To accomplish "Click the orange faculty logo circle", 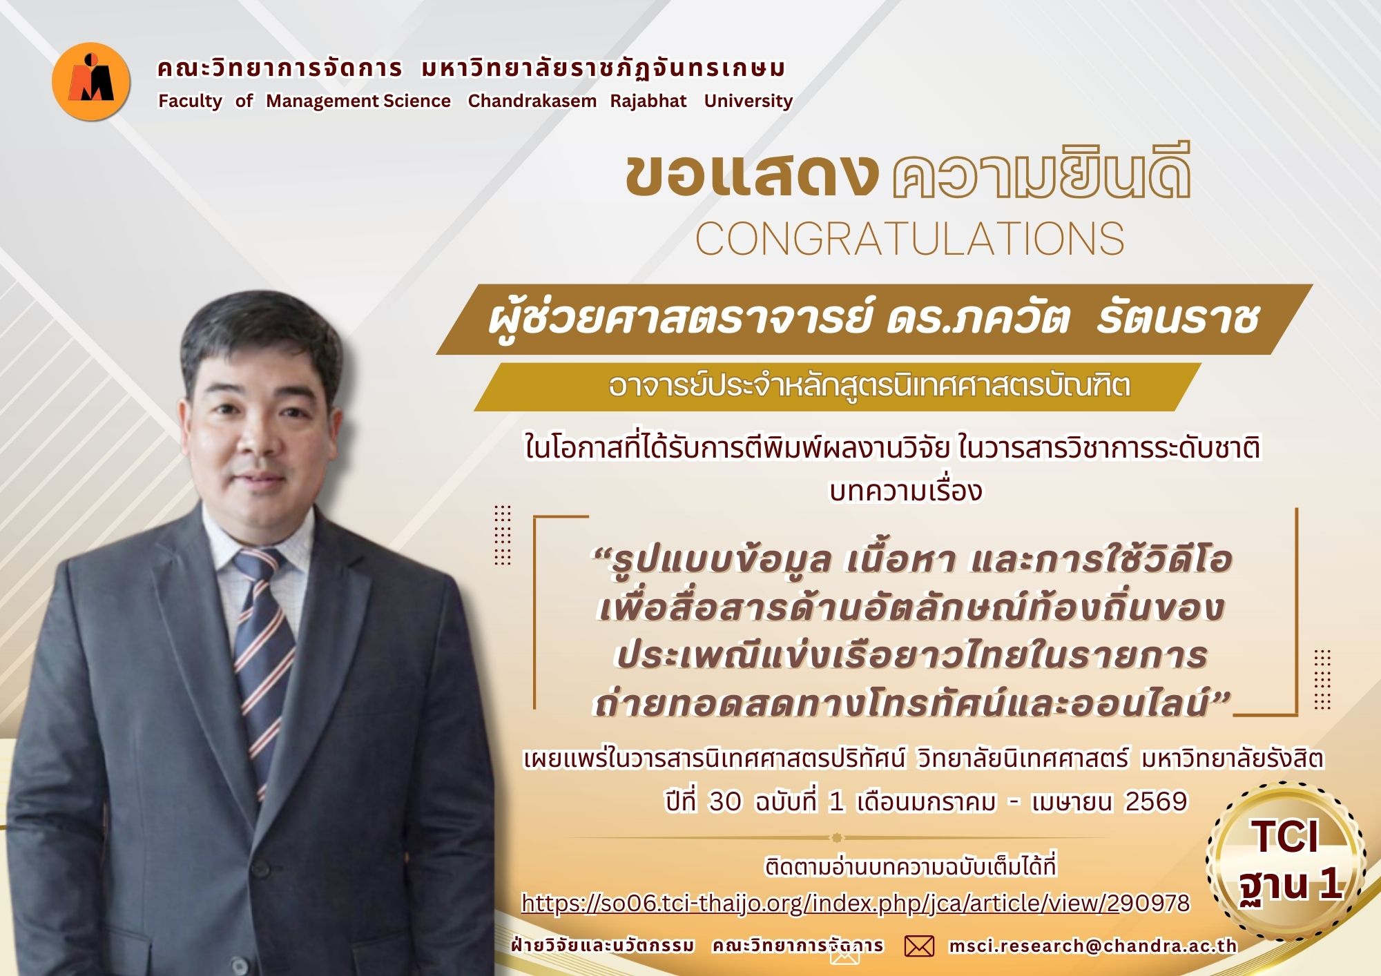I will tap(91, 81).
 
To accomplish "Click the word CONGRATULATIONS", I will tap(909, 240).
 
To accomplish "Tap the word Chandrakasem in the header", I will tap(532, 101).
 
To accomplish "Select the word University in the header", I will tap(748, 101).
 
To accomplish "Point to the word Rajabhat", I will tap(648, 101).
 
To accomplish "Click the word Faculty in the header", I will tap(190, 101).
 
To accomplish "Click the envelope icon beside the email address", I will tap(919, 946).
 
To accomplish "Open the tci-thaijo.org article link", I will tap(856, 903).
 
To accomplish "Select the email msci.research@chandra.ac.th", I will tap(1092, 946).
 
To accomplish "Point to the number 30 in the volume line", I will tap(725, 802).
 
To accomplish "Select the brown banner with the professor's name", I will tap(873, 320).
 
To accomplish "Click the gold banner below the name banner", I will tap(836, 387).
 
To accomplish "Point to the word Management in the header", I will tap(322, 101).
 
